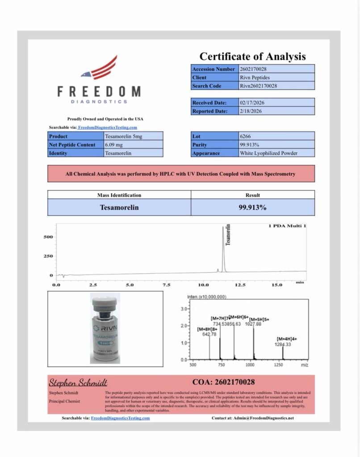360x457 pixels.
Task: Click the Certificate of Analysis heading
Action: point(252,57)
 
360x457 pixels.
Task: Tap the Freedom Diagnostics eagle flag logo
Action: point(100,68)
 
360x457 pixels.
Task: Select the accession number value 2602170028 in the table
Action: point(254,69)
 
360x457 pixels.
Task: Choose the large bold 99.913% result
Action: point(252,208)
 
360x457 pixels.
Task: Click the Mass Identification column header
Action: point(119,195)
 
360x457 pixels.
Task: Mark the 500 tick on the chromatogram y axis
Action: point(48,237)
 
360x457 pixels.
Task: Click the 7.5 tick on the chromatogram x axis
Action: point(167,284)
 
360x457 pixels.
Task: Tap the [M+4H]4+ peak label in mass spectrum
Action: point(287,339)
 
